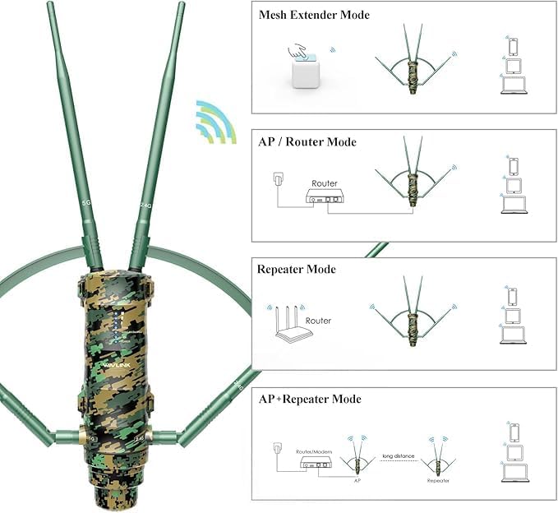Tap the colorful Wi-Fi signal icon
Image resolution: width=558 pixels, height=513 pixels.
[214, 121]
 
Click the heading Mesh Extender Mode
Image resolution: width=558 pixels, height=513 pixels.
[302, 15]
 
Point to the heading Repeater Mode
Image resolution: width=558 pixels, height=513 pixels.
[297, 269]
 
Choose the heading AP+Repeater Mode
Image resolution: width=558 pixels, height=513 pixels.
[309, 399]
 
